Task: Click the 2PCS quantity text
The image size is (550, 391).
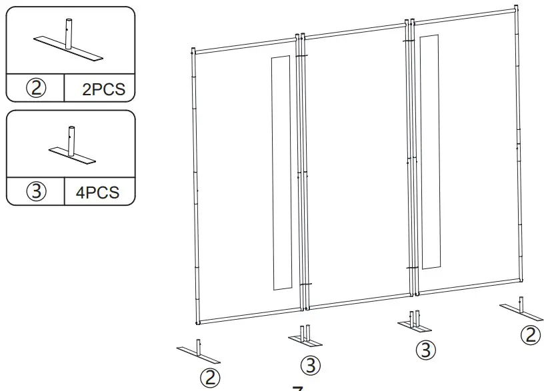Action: tap(103, 89)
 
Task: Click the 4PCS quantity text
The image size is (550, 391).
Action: tap(98, 193)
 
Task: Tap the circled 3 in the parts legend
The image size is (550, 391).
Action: tap(36, 193)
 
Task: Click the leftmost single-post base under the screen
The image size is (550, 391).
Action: tap(198, 351)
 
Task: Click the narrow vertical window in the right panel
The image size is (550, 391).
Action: tap(431, 152)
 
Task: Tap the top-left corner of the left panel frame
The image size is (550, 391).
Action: tap(194, 51)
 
